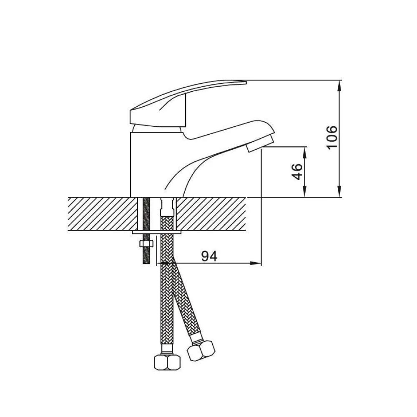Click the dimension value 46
coord(297,172)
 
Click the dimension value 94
coord(209,256)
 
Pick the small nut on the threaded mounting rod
coord(146,244)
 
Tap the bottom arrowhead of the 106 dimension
coord(339,191)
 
